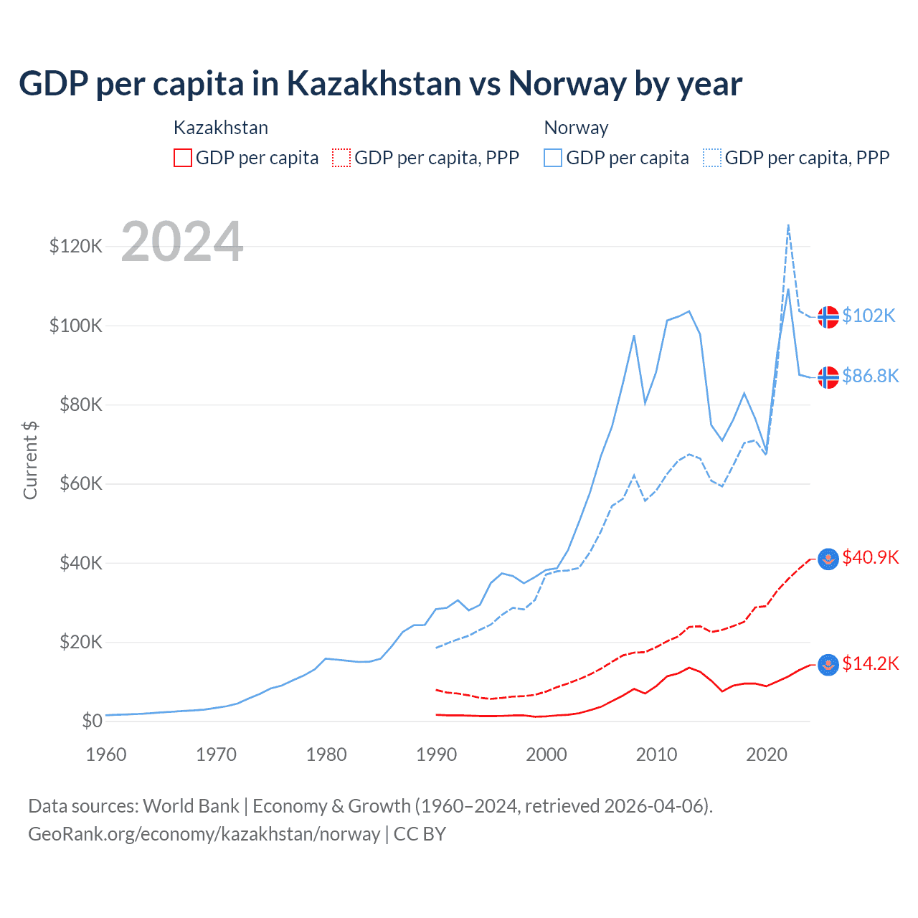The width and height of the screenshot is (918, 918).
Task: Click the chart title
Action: click(380, 84)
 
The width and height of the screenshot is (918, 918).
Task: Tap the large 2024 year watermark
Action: click(182, 242)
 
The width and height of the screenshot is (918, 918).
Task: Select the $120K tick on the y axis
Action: click(76, 246)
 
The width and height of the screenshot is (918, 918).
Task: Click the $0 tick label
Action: click(92, 721)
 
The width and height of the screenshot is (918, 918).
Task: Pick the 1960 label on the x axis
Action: click(106, 754)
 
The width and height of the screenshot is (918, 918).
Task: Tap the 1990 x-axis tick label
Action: click(436, 754)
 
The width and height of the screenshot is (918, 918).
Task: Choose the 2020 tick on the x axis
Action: click(767, 754)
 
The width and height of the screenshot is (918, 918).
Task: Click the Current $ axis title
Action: click(30, 460)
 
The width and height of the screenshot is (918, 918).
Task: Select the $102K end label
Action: click(869, 316)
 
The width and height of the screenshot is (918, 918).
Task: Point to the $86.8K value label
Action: click(870, 376)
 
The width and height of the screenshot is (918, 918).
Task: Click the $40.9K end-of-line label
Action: click(870, 557)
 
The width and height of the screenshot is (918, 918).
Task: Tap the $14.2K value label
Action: click(870, 663)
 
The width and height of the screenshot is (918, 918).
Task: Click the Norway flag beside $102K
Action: click(828, 316)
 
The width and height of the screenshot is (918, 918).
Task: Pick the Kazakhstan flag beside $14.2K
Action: click(828, 665)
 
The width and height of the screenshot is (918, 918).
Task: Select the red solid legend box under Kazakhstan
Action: click(183, 158)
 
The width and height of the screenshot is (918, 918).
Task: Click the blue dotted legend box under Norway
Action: click(712, 158)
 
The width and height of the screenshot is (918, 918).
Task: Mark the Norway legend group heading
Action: click(576, 128)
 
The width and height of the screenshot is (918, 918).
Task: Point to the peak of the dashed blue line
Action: click(788, 225)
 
